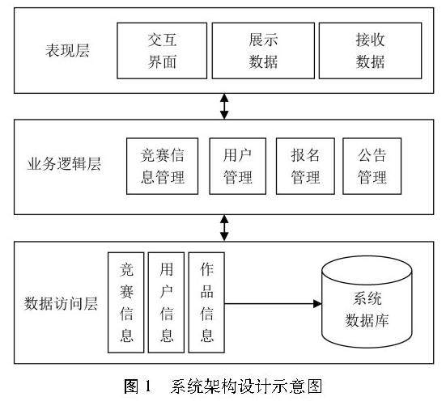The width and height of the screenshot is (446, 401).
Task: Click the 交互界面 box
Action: point(162,51)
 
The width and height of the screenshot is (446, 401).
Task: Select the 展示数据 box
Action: point(263,51)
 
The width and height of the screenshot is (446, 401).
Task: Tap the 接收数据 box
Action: point(370,51)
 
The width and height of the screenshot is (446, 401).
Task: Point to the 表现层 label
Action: point(67,50)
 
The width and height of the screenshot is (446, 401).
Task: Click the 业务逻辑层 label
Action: point(64,164)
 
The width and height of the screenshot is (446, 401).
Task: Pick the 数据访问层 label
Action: point(61,303)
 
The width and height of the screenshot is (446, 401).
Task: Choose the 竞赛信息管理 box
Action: point(162,167)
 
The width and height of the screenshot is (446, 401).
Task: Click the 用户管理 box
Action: point(237,167)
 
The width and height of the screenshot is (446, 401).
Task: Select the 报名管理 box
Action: point(305,167)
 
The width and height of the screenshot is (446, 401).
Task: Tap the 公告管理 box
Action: point(372,167)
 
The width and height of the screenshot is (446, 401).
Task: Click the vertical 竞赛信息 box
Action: point(126,302)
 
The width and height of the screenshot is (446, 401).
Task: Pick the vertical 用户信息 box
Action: point(166,302)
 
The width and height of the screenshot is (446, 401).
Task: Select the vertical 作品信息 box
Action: point(206,302)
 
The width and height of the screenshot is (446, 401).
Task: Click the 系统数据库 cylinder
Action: point(367,302)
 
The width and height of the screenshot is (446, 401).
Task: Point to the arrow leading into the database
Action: point(273,304)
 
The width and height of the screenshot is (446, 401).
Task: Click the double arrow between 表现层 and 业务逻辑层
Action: point(224,106)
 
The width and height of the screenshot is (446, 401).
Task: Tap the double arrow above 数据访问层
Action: point(224,228)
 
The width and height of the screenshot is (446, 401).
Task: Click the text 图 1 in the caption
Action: point(138,386)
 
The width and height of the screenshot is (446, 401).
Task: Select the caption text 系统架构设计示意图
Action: point(246,386)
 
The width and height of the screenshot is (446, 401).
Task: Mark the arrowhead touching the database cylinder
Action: point(318,304)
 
